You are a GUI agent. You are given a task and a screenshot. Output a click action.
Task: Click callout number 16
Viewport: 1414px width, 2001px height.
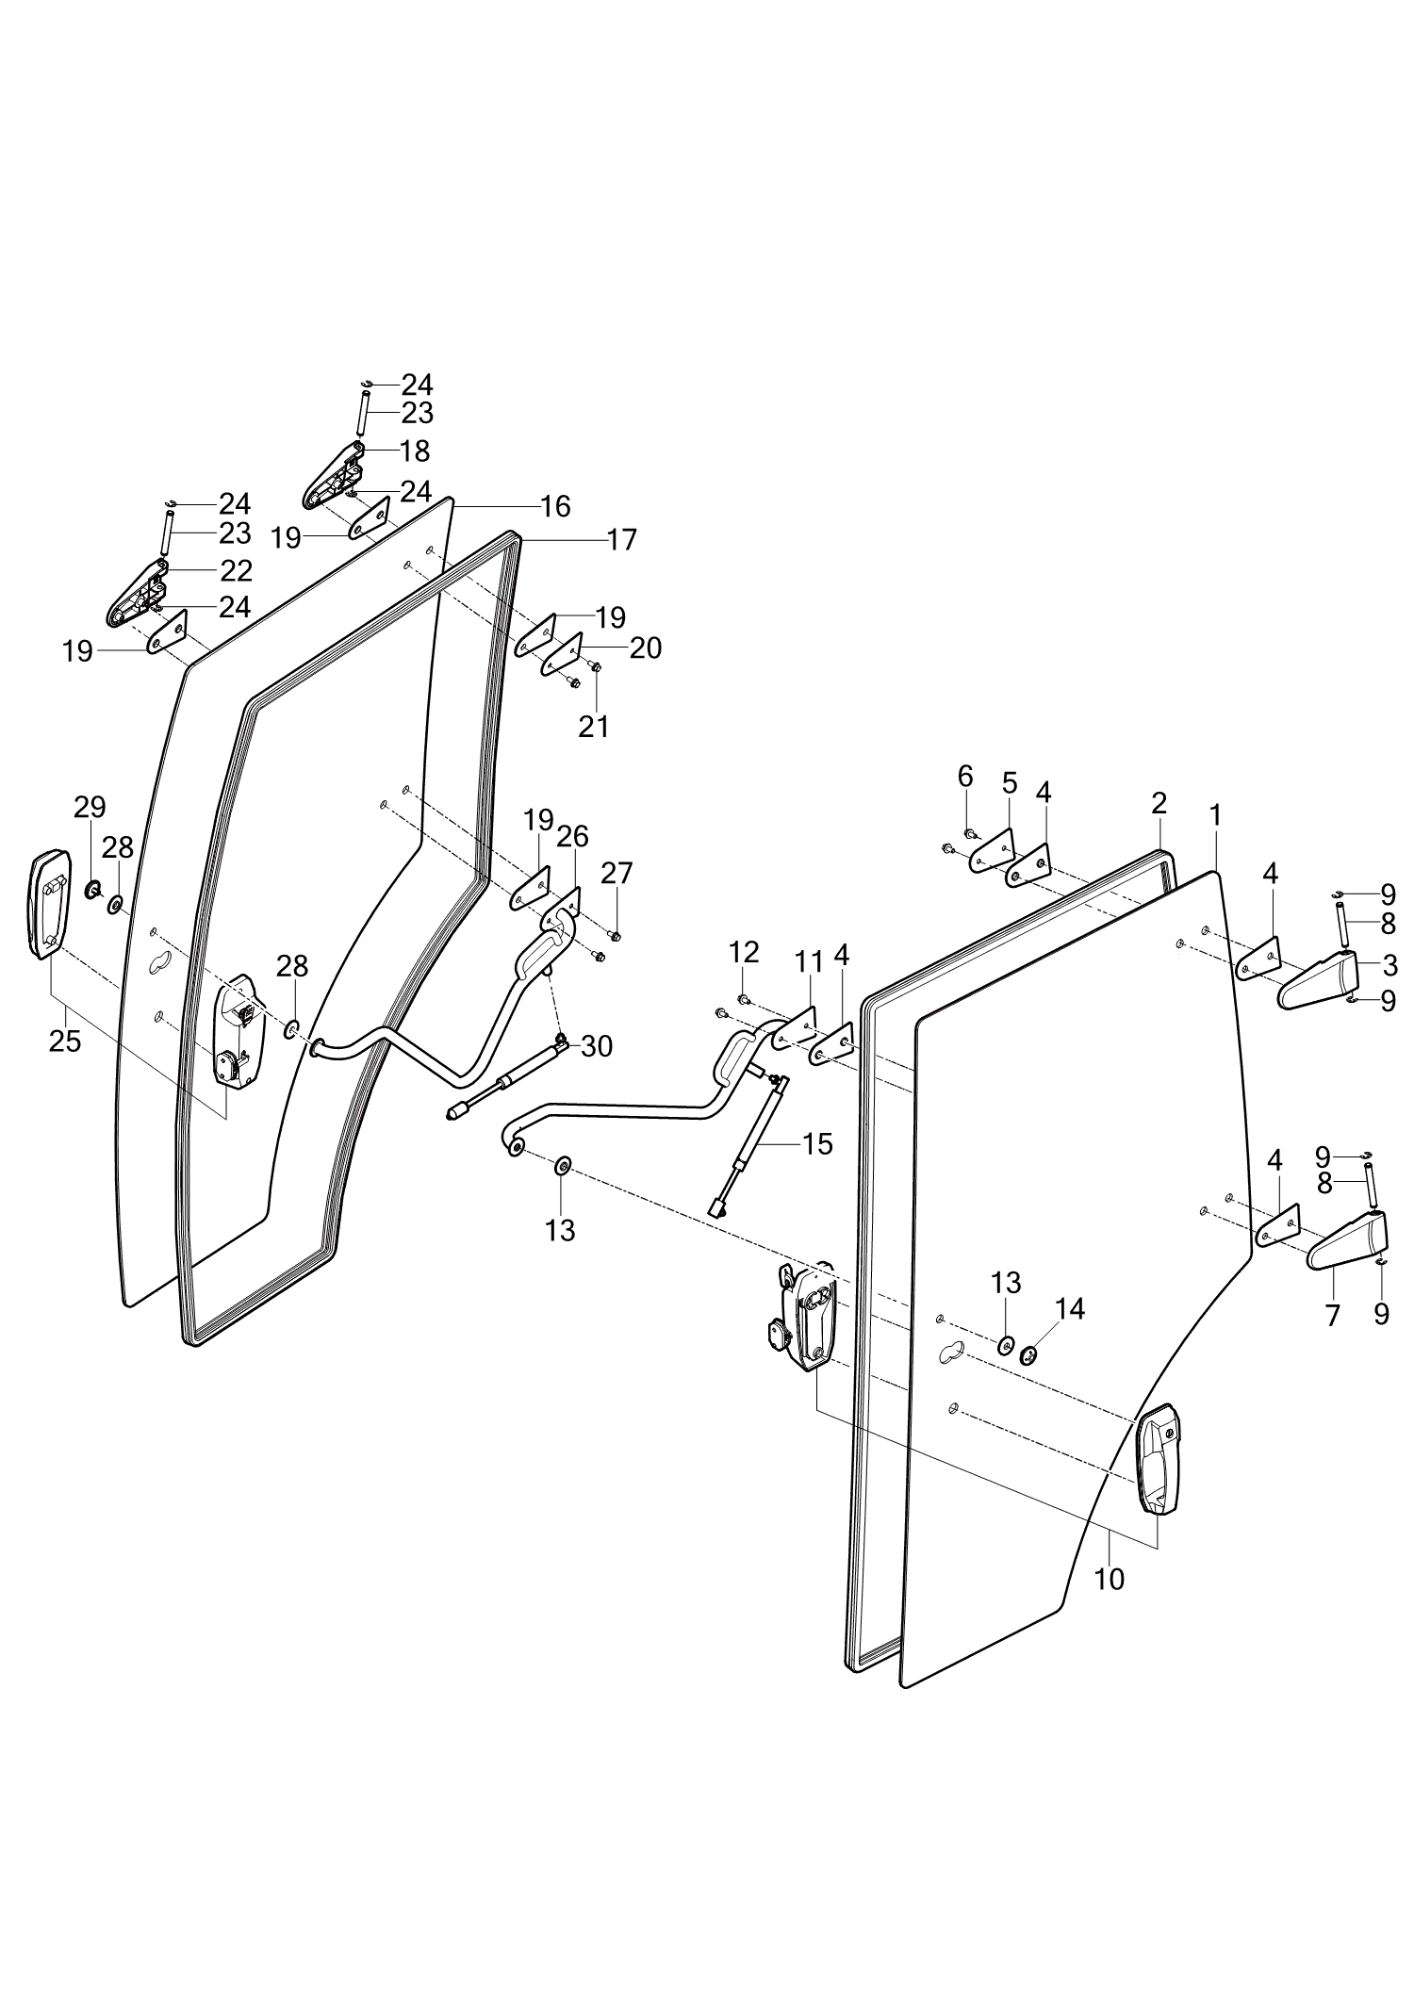[555, 507]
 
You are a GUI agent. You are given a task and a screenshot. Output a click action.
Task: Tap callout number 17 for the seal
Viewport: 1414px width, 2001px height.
[622, 540]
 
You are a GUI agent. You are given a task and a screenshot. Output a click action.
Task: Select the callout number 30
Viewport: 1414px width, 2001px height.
[597, 1046]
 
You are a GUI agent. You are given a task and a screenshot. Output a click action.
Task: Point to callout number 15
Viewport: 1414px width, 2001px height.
[817, 1144]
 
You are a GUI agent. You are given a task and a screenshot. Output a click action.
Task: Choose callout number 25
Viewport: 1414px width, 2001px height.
[65, 1042]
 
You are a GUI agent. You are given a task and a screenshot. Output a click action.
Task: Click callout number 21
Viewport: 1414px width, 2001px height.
[594, 726]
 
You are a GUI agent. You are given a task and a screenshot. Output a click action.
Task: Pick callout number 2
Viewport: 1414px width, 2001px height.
[1159, 803]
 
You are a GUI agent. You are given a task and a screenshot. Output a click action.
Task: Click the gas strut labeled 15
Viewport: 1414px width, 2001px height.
[754, 1145]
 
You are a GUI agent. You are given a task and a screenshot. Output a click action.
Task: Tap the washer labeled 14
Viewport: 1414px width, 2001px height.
[1028, 1355]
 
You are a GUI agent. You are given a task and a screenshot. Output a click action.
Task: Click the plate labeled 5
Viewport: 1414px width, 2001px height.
[991, 851]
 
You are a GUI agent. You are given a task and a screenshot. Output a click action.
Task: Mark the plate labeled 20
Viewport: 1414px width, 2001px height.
[561, 655]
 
